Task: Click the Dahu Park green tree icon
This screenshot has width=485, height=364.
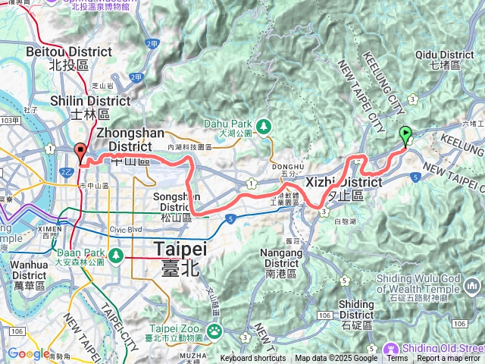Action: (x=263, y=125)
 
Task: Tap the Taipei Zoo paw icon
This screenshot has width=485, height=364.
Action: (x=215, y=330)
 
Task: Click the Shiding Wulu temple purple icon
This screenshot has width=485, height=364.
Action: (x=474, y=285)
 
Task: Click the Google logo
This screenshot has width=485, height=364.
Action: (x=29, y=353)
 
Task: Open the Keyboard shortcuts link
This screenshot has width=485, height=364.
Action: (x=253, y=359)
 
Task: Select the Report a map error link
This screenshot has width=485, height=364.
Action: (x=449, y=359)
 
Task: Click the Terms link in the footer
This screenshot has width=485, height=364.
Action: (x=397, y=359)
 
